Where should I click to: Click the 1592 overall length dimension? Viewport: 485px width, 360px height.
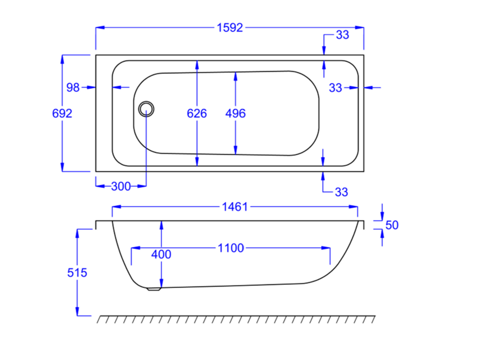pyautogui.click(x=230, y=28)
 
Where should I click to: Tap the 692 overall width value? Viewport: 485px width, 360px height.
pyautogui.click(x=62, y=113)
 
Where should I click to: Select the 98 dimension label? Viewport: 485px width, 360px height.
pyautogui.click(x=73, y=88)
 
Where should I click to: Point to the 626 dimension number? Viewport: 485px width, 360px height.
pyautogui.click(x=197, y=113)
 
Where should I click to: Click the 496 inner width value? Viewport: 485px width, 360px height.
pyautogui.click(x=235, y=113)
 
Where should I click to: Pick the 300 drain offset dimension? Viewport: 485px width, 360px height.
pyautogui.click(x=121, y=186)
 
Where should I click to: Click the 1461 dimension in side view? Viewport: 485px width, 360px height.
pyautogui.click(x=235, y=207)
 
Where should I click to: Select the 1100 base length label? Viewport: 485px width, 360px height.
pyautogui.click(x=231, y=248)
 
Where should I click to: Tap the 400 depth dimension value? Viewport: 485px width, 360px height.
pyautogui.click(x=161, y=255)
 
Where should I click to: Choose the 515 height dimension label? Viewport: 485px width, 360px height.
pyautogui.click(x=77, y=273)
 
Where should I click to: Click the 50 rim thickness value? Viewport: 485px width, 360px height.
pyautogui.click(x=392, y=225)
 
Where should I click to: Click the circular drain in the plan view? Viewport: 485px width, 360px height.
pyautogui.click(x=146, y=109)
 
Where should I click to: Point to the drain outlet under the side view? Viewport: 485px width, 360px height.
pyautogui.click(x=154, y=289)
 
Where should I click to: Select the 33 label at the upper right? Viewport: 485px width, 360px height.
pyautogui.click(x=342, y=35)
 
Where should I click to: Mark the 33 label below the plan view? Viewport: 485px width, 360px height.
pyautogui.click(x=341, y=192)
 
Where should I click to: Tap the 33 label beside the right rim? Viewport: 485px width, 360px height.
pyautogui.click(x=336, y=88)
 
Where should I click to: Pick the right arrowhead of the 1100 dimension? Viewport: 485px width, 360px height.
pyautogui.click(x=326, y=248)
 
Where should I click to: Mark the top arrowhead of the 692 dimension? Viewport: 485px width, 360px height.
pyautogui.click(x=62, y=59)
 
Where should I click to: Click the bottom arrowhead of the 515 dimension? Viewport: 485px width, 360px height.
pyautogui.click(x=77, y=311)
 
